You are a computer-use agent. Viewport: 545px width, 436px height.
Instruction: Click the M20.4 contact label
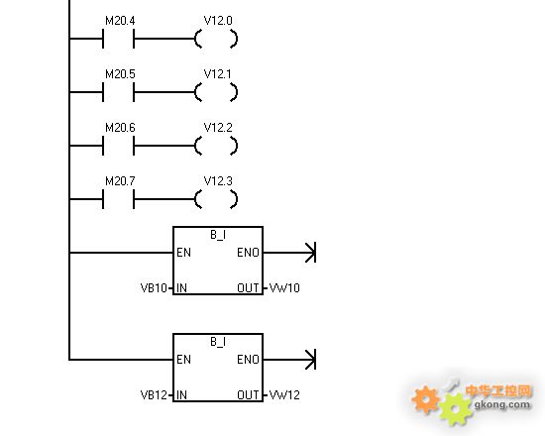pyautogui.click(x=120, y=21)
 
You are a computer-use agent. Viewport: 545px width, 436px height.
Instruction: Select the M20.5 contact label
pyautogui.click(x=120, y=74)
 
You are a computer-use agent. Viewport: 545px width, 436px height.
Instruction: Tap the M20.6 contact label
pyautogui.click(x=120, y=128)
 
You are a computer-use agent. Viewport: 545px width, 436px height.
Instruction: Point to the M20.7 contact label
pyautogui.click(x=120, y=181)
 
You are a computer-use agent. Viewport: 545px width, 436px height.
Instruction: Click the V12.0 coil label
pyautogui.click(x=218, y=21)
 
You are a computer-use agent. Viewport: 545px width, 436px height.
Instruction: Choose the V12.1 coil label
pyautogui.click(x=218, y=74)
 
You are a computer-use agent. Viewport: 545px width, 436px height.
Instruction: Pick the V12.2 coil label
pyautogui.click(x=218, y=128)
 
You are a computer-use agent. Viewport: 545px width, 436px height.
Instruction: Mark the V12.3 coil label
pyautogui.click(x=218, y=181)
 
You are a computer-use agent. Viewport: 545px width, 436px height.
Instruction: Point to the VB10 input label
pyautogui.click(x=154, y=288)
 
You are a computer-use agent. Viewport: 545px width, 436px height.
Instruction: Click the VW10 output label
pyautogui.click(x=284, y=288)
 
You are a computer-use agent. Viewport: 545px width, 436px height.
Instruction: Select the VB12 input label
pyautogui.click(x=154, y=395)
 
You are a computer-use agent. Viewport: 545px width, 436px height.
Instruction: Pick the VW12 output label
pyautogui.click(x=284, y=395)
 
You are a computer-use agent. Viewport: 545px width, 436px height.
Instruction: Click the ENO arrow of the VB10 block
pyautogui.click(x=289, y=253)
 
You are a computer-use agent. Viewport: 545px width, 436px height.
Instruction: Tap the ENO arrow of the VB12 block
pyautogui.click(x=289, y=360)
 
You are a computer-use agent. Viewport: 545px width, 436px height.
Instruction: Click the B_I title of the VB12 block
pyautogui.click(x=218, y=342)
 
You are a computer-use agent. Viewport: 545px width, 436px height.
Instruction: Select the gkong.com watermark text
pyautogui.click(x=502, y=404)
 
